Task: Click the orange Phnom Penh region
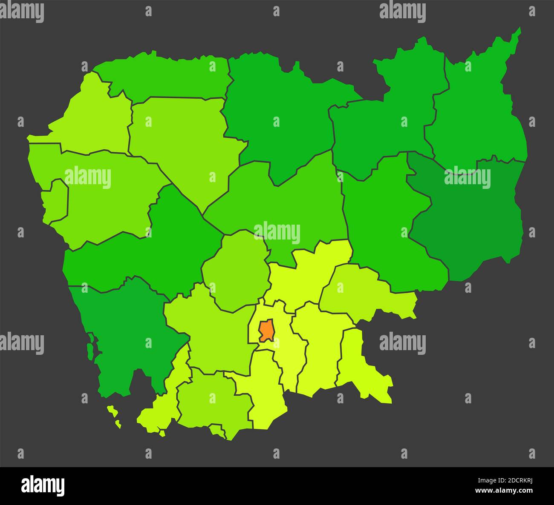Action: tap(266, 330)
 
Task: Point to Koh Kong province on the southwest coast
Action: tap(124, 332)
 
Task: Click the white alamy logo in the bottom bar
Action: tap(43, 485)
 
